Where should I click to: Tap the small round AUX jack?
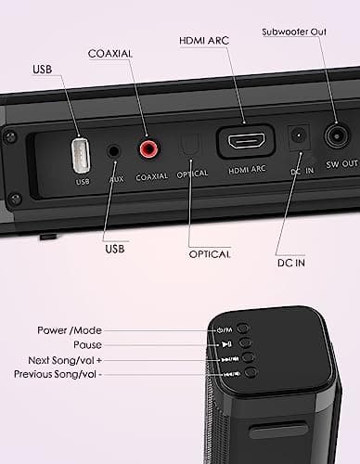coord(114,148)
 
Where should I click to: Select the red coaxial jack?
coord(148,148)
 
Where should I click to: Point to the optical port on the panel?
coord(189,146)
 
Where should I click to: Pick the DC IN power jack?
coord(299,138)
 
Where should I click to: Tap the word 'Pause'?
coord(83,344)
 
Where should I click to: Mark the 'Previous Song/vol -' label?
coord(58,374)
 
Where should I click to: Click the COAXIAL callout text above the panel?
coord(110,54)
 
